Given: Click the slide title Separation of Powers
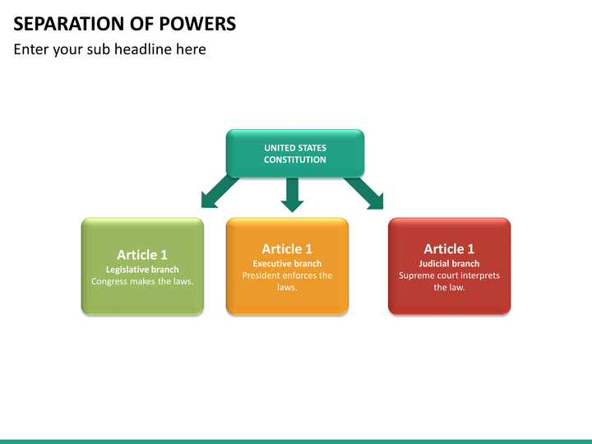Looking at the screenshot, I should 124,24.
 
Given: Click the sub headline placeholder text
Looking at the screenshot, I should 109,49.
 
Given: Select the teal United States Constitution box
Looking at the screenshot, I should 294,154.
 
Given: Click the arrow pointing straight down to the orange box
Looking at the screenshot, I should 291,194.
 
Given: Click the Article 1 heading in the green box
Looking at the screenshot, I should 142,255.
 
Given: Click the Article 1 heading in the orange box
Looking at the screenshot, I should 287,249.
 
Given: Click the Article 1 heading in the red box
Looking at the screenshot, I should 449,249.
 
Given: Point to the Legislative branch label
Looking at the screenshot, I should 142,269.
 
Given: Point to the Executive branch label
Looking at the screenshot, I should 287,263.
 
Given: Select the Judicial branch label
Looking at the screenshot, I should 449,263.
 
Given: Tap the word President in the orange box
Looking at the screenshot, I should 262,275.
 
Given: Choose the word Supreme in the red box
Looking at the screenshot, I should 419,275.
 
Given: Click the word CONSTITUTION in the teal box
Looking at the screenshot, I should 294,160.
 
